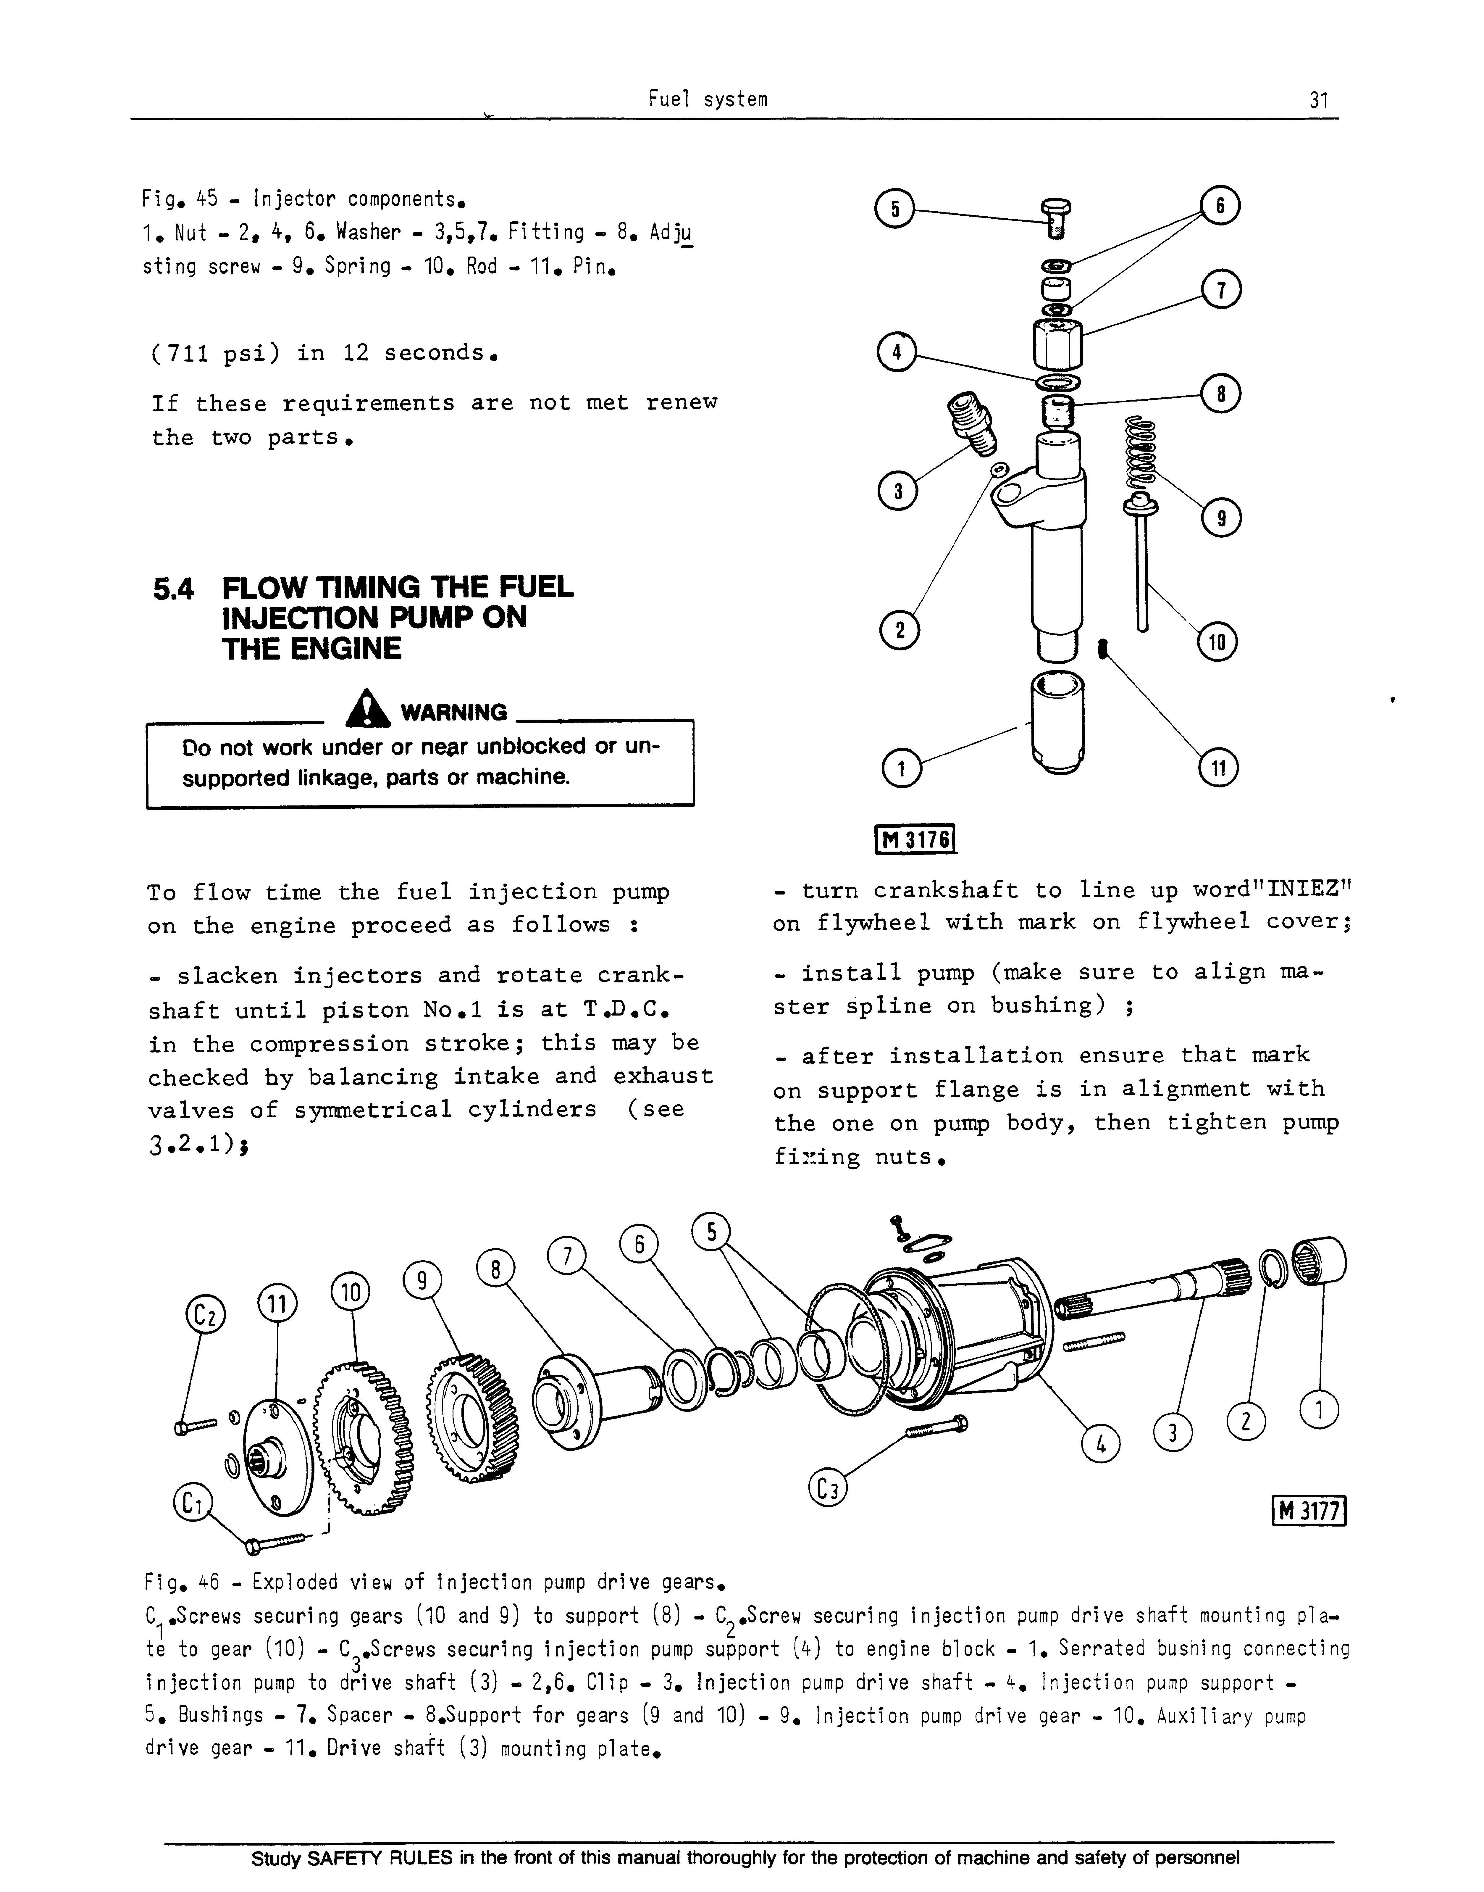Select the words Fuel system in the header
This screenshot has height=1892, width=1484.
tap(708, 99)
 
